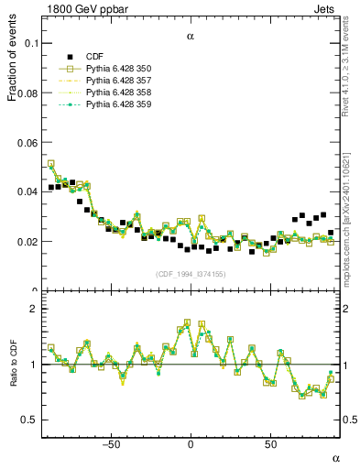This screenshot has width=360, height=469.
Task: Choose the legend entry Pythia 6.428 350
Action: (x=117, y=70)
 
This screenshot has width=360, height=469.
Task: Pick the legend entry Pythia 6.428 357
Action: (x=117, y=82)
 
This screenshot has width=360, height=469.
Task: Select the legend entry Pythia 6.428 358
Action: (x=117, y=93)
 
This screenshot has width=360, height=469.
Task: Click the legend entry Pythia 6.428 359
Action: (x=117, y=105)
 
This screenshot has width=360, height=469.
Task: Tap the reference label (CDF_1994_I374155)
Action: (x=191, y=273)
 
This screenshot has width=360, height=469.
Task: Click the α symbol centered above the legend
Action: (x=191, y=38)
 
